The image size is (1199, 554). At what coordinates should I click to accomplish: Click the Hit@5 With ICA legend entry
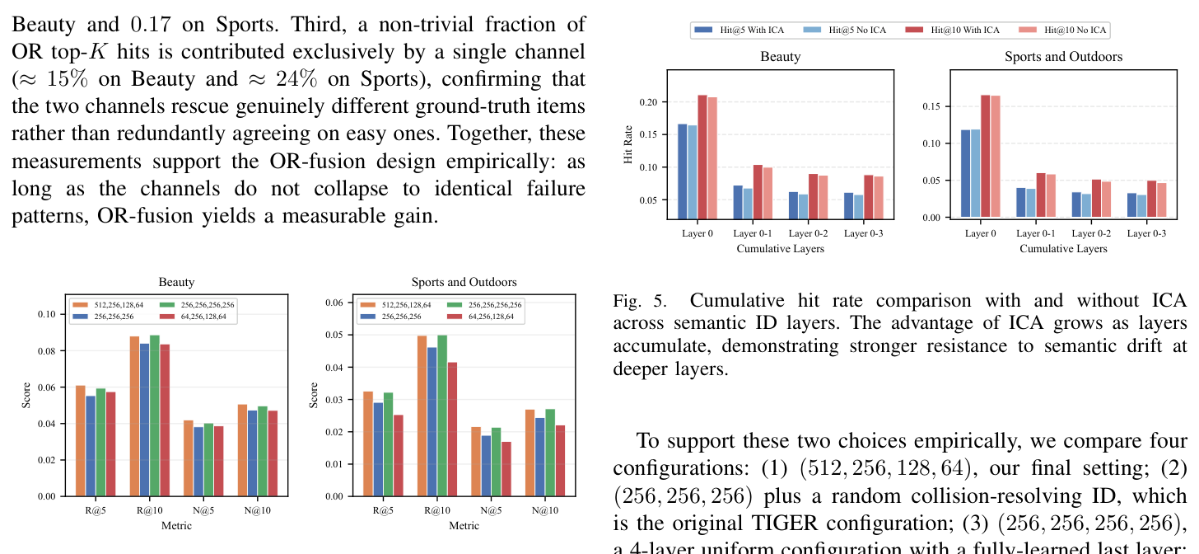click(x=739, y=30)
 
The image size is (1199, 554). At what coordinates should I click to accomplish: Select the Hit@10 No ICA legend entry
click(x=1062, y=30)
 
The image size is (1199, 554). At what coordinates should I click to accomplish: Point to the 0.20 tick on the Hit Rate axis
click(x=648, y=101)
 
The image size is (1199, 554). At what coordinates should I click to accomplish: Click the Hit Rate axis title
click(x=627, y=144)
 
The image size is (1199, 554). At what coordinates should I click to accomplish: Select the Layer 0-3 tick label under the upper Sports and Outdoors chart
click(x=1146, y=233)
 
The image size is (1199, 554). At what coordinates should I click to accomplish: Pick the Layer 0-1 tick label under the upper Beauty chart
click(x=753, y=233)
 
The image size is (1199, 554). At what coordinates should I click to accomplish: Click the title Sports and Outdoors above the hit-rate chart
click(x=1063, y=57)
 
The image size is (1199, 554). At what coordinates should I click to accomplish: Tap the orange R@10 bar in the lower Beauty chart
click(x=134, y=416)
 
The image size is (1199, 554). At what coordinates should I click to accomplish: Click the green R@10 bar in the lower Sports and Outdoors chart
click(x=442, y=415)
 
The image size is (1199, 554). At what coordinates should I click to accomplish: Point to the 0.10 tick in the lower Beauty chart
click(x=47, y=314)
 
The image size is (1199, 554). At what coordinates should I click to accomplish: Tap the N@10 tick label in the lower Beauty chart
click(x=258, y=510)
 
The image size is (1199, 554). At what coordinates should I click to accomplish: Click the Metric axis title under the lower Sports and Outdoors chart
click(x=464, y=526)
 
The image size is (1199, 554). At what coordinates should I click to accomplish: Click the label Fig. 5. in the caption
click(x=640, y=301)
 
